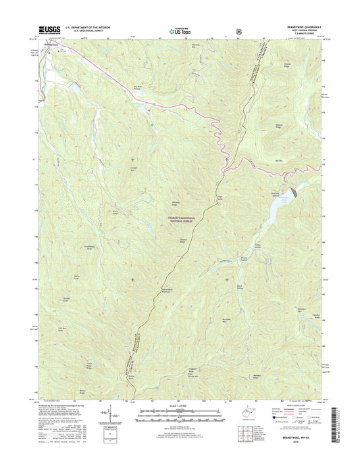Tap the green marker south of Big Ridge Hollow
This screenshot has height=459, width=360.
[x=154, y=124]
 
